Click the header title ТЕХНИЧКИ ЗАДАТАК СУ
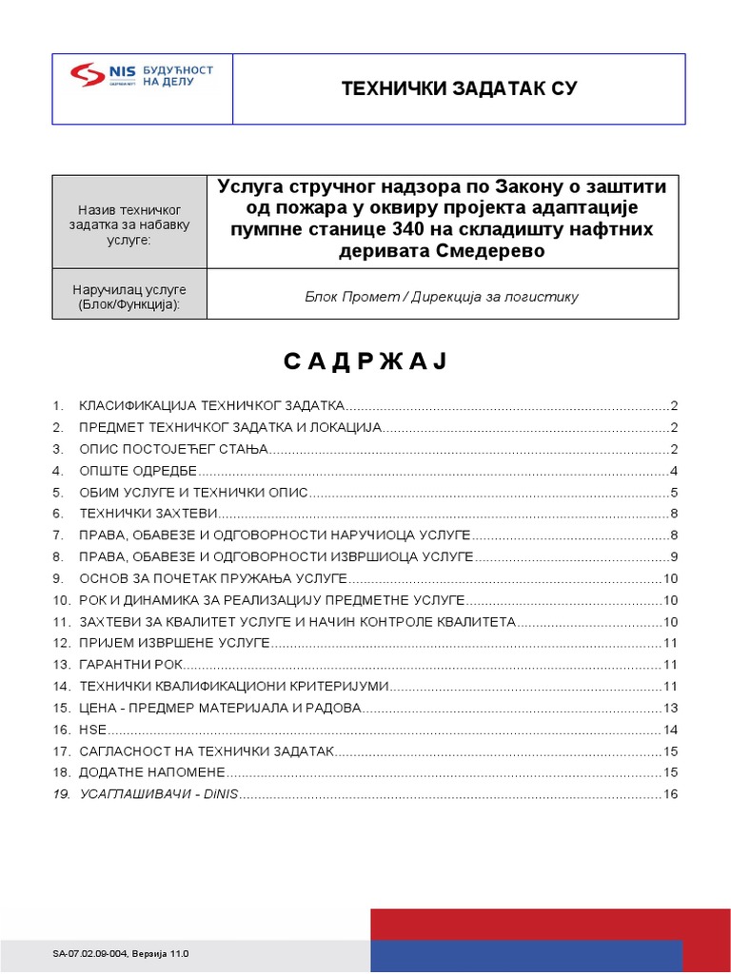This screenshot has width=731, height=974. [x=459, y=88]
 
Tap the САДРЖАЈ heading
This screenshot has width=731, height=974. [x=365, y=362]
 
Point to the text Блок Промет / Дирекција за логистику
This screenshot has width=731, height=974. [x=442, y=297]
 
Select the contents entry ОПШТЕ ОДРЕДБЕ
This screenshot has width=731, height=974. [x=137, y=471]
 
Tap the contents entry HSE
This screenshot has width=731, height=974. [x=92, y=730]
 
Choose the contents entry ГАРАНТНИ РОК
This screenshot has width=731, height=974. [x=129, y=665]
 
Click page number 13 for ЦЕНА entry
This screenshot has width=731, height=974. [x=670, y=708]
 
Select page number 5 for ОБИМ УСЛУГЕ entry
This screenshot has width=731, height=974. [x=674, y=493]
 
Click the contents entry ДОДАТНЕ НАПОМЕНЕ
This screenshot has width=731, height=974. [x=151, y=772]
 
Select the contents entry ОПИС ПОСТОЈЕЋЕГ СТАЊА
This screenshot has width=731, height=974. [x=174, y=449]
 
